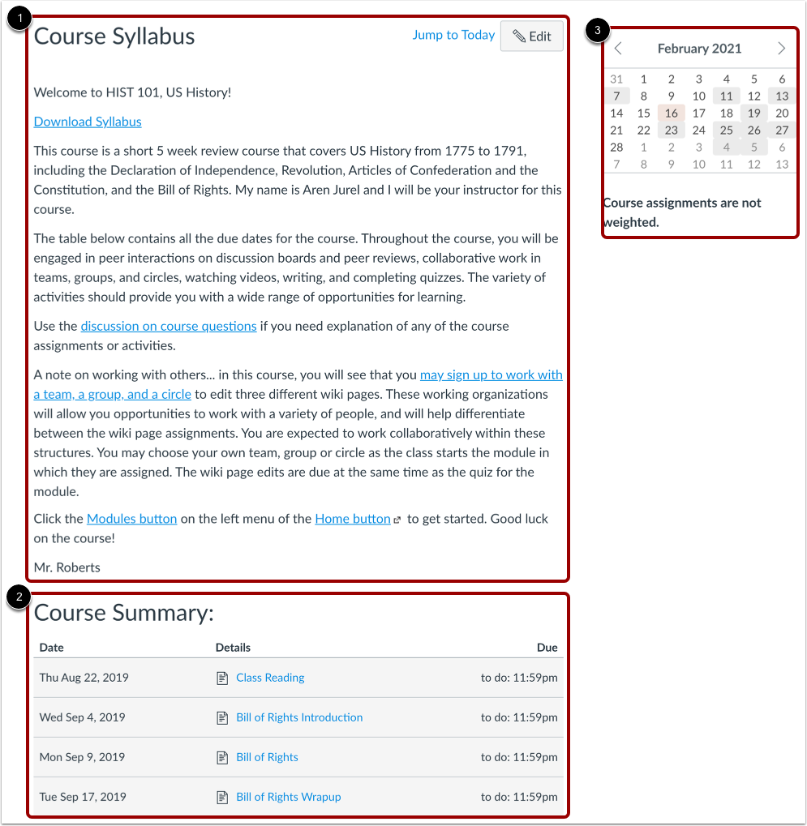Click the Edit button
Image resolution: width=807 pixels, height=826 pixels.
click(x=532, y=36)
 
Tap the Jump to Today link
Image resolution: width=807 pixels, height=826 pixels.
click(x=453, y=35)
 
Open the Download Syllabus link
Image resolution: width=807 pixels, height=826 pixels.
click(x=88, y=122)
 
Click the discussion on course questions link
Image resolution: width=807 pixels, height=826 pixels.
click(x=169, y=326)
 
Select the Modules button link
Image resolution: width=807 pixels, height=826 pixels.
click(x=131, y=519)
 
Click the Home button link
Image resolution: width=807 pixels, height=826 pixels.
click(x=353, y=519)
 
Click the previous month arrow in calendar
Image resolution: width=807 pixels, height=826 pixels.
click(x=618, y=49)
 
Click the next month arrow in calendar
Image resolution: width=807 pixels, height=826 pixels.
click(x=781, y=49)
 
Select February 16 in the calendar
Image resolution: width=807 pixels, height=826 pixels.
click(x=672, y=113)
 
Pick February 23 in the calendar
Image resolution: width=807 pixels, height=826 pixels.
click(x=672, y=131)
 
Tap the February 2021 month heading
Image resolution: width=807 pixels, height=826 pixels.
click(x=699, y=49)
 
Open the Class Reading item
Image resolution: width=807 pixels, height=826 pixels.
click(x=270, y=678)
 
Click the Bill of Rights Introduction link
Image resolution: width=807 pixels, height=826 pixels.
click(x=299, y=717)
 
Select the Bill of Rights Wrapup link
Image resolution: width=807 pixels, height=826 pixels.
click(x=288, y=797)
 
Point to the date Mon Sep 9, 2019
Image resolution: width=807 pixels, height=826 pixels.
click(x=82, y=757)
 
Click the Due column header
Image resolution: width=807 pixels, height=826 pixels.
click(x=547, y=648)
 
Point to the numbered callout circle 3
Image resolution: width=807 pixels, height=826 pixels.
click(x=598, y=31)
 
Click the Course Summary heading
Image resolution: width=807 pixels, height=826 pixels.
click(x=124, y=613)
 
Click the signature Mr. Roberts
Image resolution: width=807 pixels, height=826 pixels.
click(x=67, y=567)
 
